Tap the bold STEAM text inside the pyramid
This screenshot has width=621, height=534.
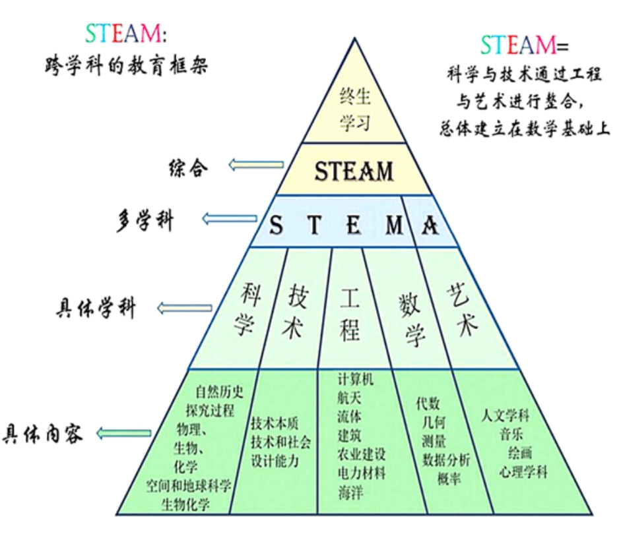[354, 171]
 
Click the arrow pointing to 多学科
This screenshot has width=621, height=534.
[229, 218]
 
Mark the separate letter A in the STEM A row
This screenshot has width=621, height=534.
[430, 225]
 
